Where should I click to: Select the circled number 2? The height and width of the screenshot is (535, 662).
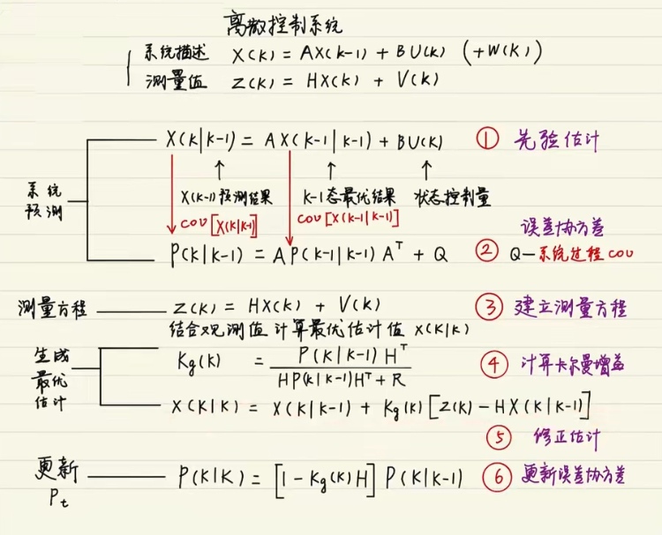tap(487, 254)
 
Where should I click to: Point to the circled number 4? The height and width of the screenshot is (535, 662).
tap(493, 364)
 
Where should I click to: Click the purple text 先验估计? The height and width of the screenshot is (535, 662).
tap(556, 139)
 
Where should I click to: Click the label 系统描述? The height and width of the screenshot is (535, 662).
tap(176, 54)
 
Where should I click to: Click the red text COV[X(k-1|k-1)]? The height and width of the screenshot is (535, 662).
tap(348, 217)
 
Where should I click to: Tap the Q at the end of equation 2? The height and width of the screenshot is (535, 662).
tap(440, 255)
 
